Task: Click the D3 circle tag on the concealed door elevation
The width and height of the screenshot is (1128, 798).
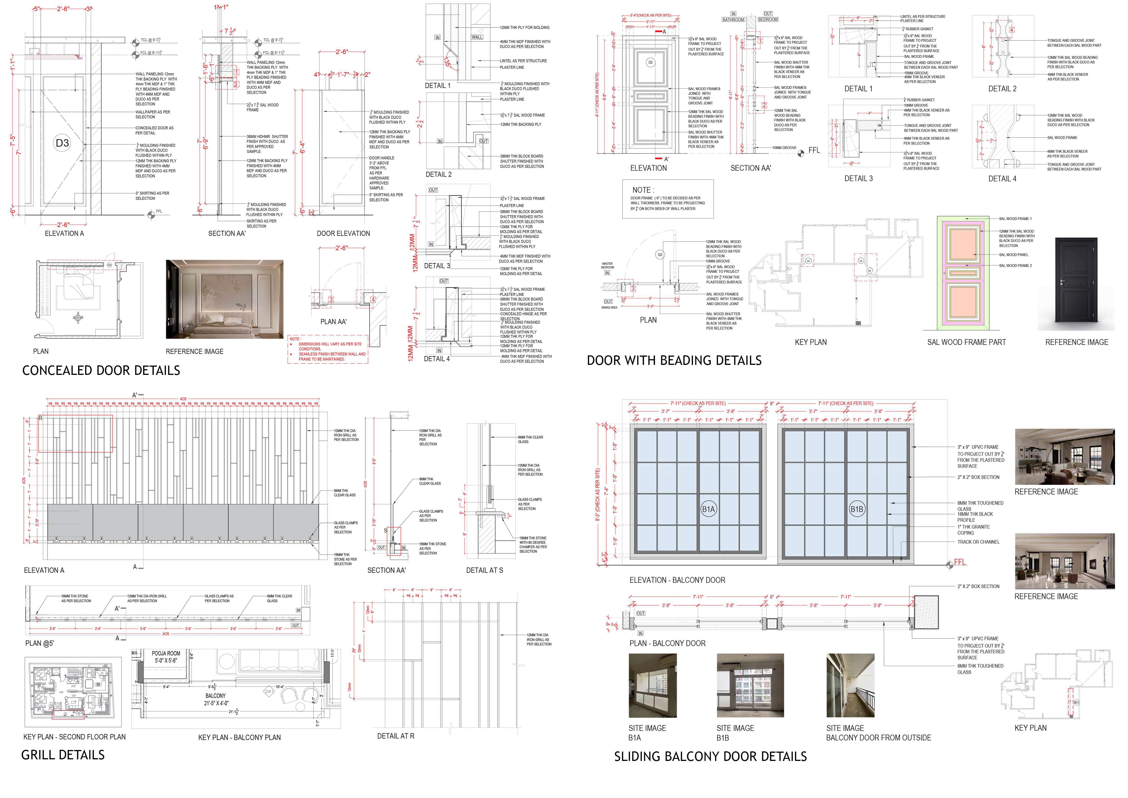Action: (x=62, y=143)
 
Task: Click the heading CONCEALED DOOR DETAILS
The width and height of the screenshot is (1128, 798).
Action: (x=101, y=371)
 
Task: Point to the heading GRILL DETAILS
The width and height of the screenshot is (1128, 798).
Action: (x=63, y=755)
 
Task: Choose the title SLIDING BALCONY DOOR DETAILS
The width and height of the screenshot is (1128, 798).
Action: (x=710, y=757)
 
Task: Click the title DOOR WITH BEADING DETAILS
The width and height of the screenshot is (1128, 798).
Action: (x=674, y=361)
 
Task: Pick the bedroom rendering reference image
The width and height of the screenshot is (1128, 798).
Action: (x=224, y=299)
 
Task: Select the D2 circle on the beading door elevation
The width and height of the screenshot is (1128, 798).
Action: (x=651, y=62)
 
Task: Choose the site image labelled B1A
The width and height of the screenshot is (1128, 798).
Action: (x=652, y=685)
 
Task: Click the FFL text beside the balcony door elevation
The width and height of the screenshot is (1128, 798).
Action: (x=960, y=562)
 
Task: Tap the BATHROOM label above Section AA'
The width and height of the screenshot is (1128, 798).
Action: (x=733, y=20)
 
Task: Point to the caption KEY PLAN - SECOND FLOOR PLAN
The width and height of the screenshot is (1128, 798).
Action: (x=74, y=737)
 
